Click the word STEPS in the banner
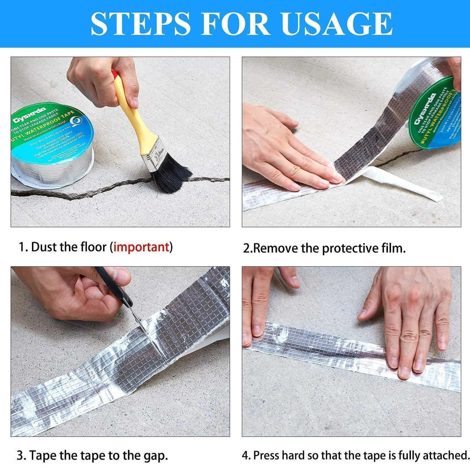(141, 24)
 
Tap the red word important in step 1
(141, 247)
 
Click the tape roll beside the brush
(52, 146)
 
